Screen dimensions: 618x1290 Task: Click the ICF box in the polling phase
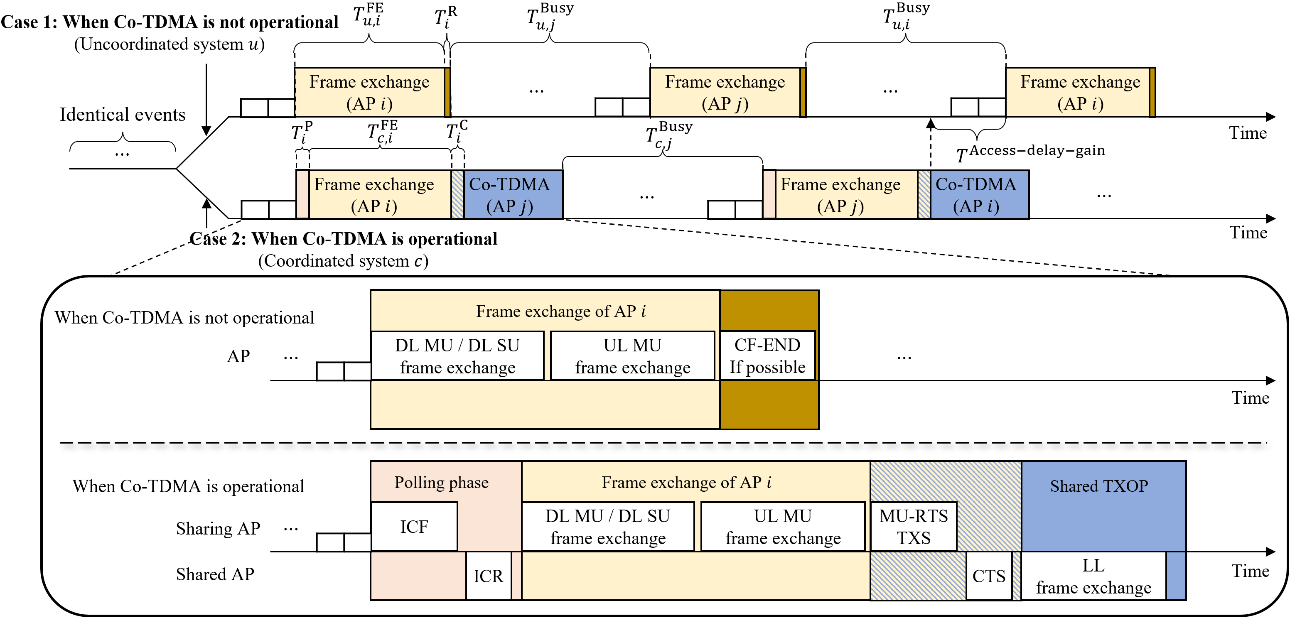414,526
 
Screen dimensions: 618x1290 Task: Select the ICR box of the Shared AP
488,576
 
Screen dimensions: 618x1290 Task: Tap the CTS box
988,576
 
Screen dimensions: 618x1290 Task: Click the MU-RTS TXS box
914,526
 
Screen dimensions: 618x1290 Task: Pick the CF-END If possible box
767,356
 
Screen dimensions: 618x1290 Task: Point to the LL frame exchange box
1093,576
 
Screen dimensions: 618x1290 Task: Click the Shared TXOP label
1099,486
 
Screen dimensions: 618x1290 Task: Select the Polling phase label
441,482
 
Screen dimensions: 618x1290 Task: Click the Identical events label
122,115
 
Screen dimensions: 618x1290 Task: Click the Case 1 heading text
169,22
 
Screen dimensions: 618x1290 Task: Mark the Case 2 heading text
344,239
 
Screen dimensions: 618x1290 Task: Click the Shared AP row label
215,574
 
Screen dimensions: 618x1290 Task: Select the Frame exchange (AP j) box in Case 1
725,93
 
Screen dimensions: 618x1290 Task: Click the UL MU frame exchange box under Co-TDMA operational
783,526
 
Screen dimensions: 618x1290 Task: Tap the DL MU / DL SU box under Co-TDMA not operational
457,356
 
